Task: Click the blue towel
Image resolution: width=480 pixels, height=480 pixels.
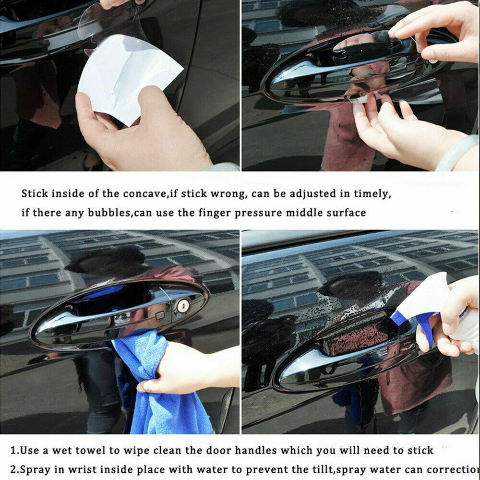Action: point(159,398)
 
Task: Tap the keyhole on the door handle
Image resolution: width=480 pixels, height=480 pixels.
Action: point(183,305)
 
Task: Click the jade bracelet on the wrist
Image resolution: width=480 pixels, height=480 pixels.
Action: point(456,153)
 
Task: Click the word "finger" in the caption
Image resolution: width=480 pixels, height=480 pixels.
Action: point(215,213)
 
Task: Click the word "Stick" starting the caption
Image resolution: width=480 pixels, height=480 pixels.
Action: point(35,194)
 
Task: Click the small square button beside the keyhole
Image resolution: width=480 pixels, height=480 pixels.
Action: point(160,315)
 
